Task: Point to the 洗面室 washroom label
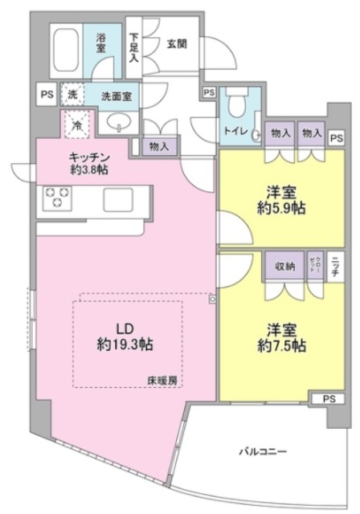(117, 96)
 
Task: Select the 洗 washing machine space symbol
(74, 95)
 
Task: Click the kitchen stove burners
(57, 198)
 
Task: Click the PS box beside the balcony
(328, 398)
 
